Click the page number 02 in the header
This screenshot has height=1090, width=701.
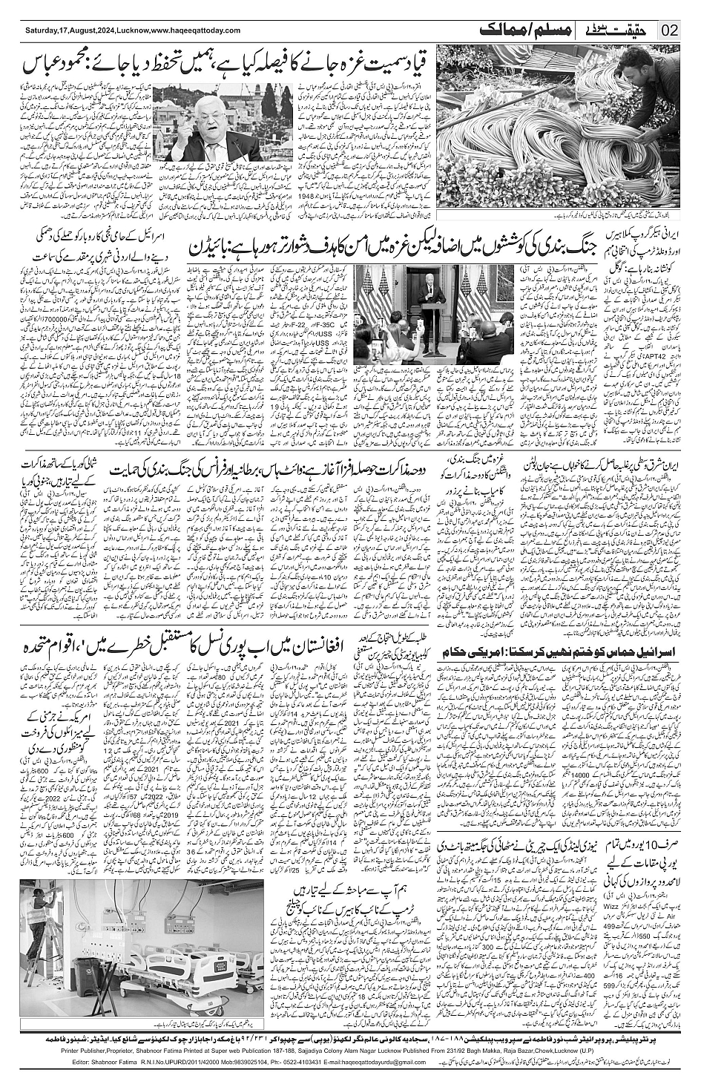pyautogui.click(x=670, y=30)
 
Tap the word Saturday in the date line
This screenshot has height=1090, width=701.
pyautogui.click(x=42, y=31)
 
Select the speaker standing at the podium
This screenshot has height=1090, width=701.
pyautogui.click(x=430, y=279)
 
